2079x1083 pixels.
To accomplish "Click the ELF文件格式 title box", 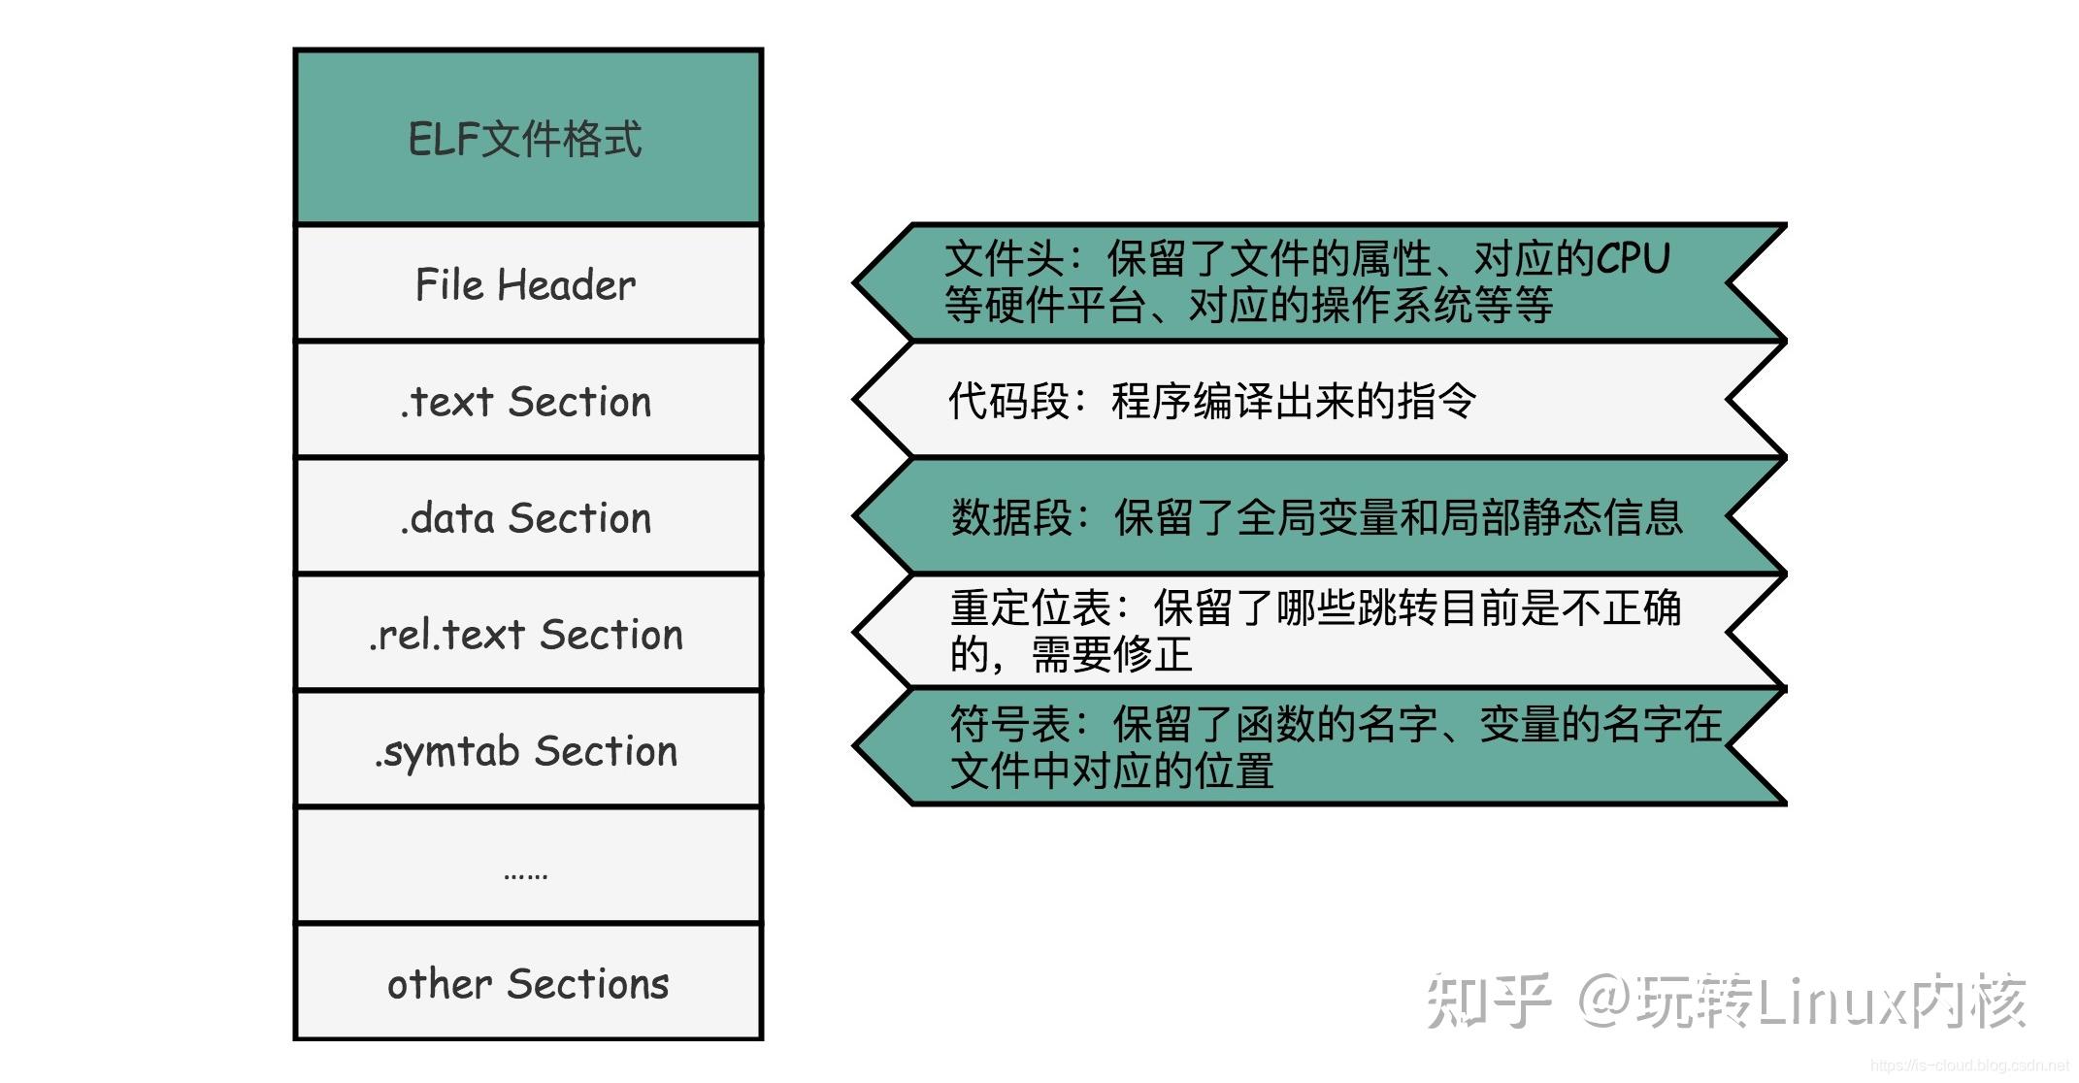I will pos(527,138).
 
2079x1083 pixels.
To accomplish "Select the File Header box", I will pos(527,284).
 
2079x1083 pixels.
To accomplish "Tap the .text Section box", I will pos(527,401).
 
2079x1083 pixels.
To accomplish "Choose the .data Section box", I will pos(527,517).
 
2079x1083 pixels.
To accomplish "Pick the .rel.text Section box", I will pos(527,634).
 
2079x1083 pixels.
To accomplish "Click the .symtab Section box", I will pos(527,750).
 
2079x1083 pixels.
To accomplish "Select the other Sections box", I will pos(527,983).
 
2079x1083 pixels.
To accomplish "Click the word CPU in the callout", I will pos(1633,258).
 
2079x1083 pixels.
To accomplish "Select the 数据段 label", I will pos(1011,517).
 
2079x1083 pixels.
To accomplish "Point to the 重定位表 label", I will pos(1031,608).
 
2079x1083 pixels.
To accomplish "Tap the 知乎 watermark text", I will pos(1488,1001).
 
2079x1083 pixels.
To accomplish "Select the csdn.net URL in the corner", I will pos(1970,1066).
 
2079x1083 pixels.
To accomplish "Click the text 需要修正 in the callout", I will pos(1111,654).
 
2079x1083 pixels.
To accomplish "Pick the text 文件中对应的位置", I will pos(1111,771).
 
